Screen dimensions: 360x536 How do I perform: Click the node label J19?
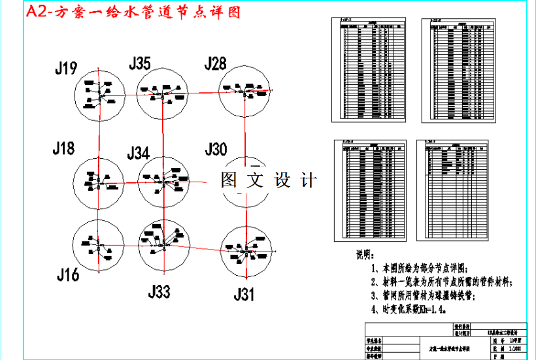pos(67,67)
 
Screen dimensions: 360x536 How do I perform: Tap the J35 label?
pos(140,63)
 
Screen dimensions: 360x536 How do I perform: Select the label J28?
pos(215,63)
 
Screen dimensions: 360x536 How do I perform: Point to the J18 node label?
pos(64,149)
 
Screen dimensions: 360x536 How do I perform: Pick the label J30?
pos(216,149)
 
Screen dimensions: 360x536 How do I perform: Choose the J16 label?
pos(67,275)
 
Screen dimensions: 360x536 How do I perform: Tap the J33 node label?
pos(159,291)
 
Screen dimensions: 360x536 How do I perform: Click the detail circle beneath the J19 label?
pos(97,97)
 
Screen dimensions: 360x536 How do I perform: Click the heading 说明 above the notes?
pos(363,254)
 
